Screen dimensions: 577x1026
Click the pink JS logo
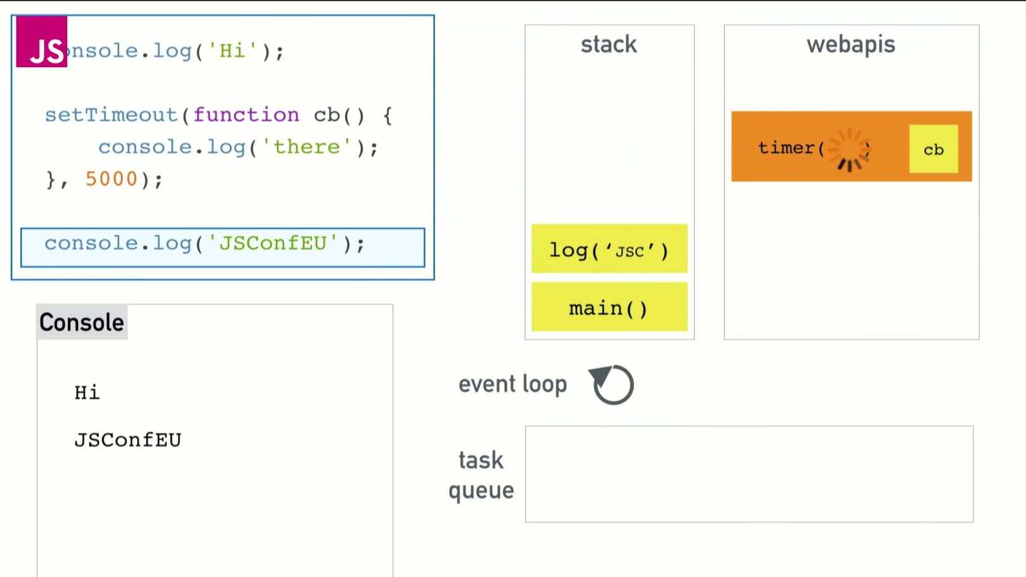[42, 42]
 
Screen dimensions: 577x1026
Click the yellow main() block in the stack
[609, 307]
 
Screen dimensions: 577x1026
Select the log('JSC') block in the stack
[609, 249]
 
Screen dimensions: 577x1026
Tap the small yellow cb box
[934, 149]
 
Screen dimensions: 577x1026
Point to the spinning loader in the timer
[849, 149]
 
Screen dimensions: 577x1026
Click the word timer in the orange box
[786, 148]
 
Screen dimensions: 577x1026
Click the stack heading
[609, 44]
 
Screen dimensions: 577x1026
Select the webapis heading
[851, 44]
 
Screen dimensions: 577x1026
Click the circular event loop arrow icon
[612, 384]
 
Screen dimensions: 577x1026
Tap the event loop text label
[512, 384]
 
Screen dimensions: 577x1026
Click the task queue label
[481, 475]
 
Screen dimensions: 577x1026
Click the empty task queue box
[749, 474]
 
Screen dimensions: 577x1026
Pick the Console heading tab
[82, 322]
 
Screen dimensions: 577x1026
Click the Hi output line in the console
[87, 393]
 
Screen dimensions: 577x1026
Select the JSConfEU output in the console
[128, 440]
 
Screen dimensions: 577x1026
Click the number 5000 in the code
[111, 179]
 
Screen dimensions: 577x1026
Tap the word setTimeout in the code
[111, 115]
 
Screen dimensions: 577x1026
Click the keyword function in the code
[246, 115]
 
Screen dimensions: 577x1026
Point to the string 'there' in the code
[307, 147]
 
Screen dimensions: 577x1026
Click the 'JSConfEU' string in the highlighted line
[273, 243]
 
